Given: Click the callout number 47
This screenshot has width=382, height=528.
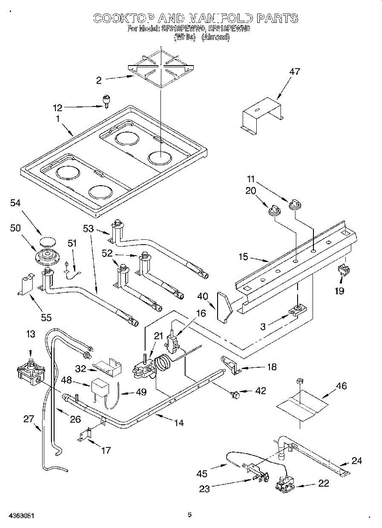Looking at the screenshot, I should (294, 72).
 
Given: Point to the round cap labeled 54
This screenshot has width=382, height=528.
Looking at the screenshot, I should (46, 241).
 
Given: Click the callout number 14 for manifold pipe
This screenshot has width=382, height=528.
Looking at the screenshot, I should (179, 423).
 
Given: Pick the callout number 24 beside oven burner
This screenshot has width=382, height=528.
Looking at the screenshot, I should (357, 461).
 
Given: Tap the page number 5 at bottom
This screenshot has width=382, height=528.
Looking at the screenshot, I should (189, 514).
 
